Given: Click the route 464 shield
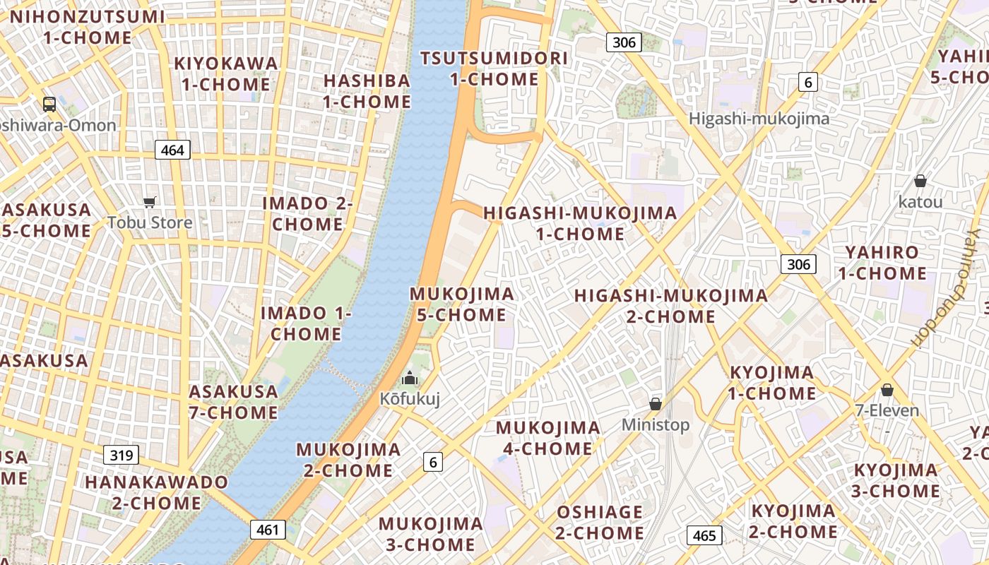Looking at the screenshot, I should [172, 150].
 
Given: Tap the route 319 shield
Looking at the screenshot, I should [122, 455].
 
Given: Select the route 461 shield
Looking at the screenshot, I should [268, 530].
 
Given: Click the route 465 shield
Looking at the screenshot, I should [704, 535].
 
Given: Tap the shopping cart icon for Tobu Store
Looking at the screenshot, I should [149, 203].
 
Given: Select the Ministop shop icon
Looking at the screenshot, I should [656, 404].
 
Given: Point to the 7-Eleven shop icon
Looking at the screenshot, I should [887, 390].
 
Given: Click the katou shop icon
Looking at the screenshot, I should [920, 182].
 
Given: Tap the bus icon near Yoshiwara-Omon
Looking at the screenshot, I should [49, 105].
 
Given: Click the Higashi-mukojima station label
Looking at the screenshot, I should [759, 119].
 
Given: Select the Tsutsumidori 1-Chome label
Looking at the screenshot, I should [494, 69].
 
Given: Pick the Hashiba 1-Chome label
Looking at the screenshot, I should [367, 91].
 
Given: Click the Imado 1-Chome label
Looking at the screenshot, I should [305, 323].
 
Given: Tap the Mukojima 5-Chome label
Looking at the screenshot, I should [461, 304].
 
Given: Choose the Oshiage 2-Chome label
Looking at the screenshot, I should [599, 522].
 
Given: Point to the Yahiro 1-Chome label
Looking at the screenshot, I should [882, 263].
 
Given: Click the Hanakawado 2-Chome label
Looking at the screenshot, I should [157, 492].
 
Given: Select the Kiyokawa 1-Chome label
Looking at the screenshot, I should [226, 73].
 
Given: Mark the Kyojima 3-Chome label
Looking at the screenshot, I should [895, 480].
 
